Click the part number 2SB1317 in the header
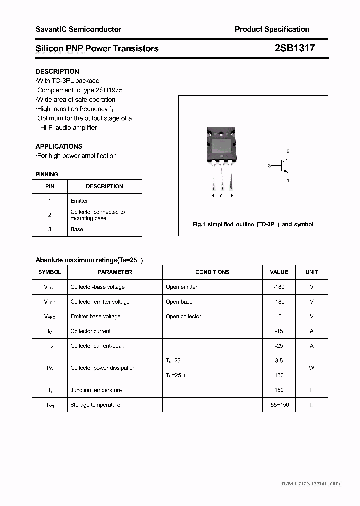(294, 48)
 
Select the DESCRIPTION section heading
(57, 71)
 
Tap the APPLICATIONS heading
(59, 146)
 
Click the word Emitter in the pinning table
(79, 201)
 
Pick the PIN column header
(50, 186)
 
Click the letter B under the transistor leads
(213, 196)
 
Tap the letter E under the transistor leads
(232, 196)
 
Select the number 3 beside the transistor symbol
(269, 166)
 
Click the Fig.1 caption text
(253, 224)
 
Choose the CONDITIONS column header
(212, 272)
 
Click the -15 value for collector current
(279, 331)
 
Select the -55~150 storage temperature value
(279, 405)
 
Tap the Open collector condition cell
(184, 316)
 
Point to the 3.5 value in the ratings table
(279, 360)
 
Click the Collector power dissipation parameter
(103, 368)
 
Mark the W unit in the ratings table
(311, 368)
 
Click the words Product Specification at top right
(272, 29)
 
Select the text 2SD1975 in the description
(110, 90)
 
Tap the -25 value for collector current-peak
(279, 346)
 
